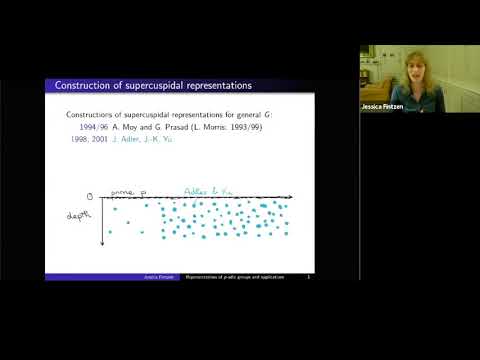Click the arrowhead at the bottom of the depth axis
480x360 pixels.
tap(103, 243)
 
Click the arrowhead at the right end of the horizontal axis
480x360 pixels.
tap(291, 198)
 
